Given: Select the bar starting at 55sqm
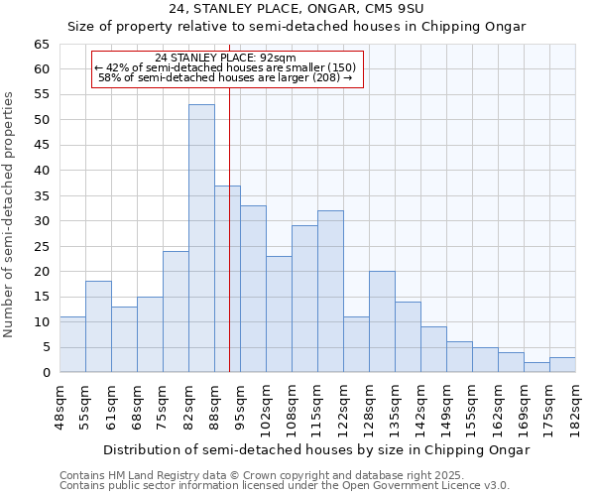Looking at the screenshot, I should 98,326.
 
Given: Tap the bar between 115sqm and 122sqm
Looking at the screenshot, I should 330,292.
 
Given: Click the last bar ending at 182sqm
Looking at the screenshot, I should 562,364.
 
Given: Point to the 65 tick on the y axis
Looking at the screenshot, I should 42,45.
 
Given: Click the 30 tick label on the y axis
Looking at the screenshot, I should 42,221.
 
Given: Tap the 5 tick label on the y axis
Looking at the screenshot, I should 46,347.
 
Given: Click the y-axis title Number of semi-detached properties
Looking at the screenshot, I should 9,214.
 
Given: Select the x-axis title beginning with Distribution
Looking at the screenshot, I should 316,449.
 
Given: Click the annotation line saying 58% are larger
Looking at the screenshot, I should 226,77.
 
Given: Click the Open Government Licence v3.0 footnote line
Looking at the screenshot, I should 285,486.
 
